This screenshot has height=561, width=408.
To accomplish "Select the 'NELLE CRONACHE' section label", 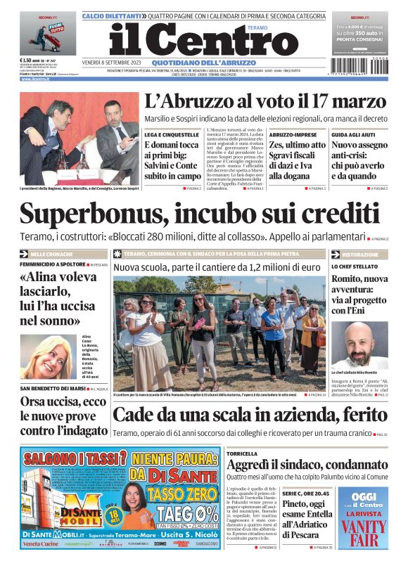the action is click(x=51, y=253).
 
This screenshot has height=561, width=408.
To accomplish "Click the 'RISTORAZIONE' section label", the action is click(x=360, y=254).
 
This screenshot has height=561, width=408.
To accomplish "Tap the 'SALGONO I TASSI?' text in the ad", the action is click(x=63, y=460).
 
